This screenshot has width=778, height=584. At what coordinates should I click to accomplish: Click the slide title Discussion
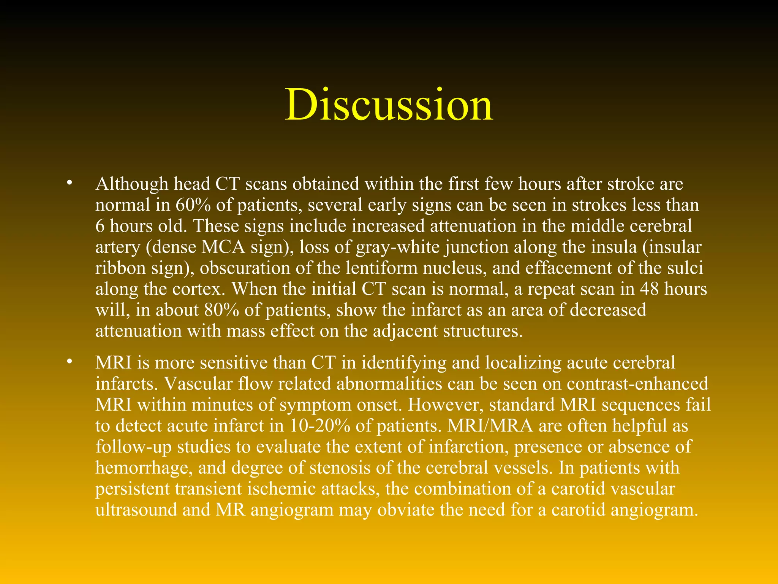coord(389,105)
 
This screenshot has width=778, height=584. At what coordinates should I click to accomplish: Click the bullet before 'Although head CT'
coord(69,183)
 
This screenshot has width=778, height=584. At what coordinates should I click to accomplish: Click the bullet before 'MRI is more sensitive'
coord(69,362)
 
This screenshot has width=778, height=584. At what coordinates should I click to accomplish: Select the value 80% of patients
coord(221,310)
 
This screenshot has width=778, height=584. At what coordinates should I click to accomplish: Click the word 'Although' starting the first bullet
coord(132,184)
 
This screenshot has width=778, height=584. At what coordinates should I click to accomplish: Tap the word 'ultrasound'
coord(136,510)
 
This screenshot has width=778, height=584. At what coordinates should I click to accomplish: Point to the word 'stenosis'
coord(340,468)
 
